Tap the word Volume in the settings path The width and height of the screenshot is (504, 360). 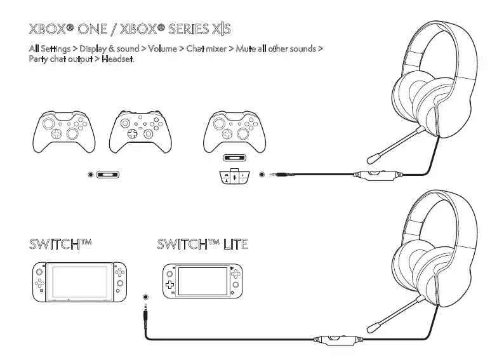pyautogui.click(x=164, y=50)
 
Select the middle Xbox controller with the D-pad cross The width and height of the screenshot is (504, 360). pyautogui.click(x=140, y=130)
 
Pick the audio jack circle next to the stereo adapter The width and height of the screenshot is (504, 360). pyautogui.click(x=262, y=174)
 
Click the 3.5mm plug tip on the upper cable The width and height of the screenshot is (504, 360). pyautogui.click(x=273, y=174)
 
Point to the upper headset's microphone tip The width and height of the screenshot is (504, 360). pyautogui.click(x=372, y=157)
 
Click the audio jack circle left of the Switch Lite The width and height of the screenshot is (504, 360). pyautogui.click(x=147, y=297)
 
